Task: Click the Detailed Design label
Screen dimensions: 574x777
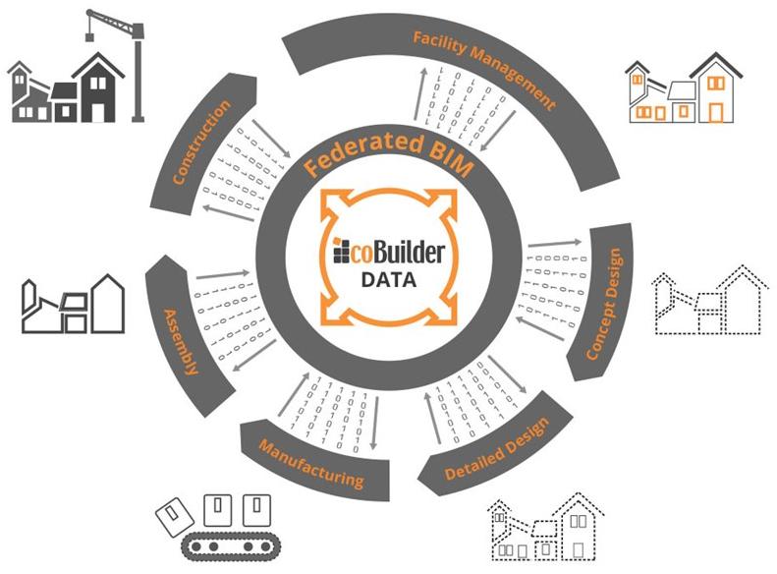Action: click(x=495, y=446)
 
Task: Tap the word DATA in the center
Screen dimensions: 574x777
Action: click(x=389, y=279)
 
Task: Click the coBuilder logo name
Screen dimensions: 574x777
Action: click(x=397, y=252)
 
